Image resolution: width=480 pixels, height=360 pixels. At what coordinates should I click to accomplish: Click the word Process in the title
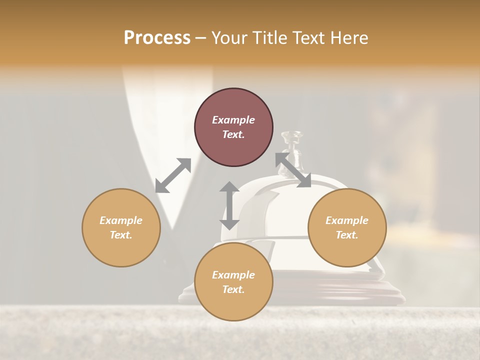click(157, 38)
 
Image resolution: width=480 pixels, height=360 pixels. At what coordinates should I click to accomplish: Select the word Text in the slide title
click(307, 38)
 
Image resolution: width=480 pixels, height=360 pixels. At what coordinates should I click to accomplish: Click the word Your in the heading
click(230, 38)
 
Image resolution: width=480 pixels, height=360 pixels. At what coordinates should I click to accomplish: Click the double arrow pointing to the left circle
click(173, 175)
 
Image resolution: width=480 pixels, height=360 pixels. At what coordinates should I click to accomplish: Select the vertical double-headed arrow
click(229, 205)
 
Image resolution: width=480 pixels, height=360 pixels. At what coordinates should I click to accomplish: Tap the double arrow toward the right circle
click(293, 170)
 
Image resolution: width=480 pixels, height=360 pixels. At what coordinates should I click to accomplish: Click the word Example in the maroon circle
click(233, 120)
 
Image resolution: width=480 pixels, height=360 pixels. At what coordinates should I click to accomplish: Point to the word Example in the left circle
click(121, 220)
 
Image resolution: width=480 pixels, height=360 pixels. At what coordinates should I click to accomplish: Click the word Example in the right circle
click(347, 220)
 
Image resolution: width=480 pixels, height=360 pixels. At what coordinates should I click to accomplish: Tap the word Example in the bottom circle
click(233, 275)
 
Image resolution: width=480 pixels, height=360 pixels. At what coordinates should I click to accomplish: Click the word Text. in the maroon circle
click(233, 134)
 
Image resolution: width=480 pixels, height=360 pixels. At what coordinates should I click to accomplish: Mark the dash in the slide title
click(200, 38)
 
